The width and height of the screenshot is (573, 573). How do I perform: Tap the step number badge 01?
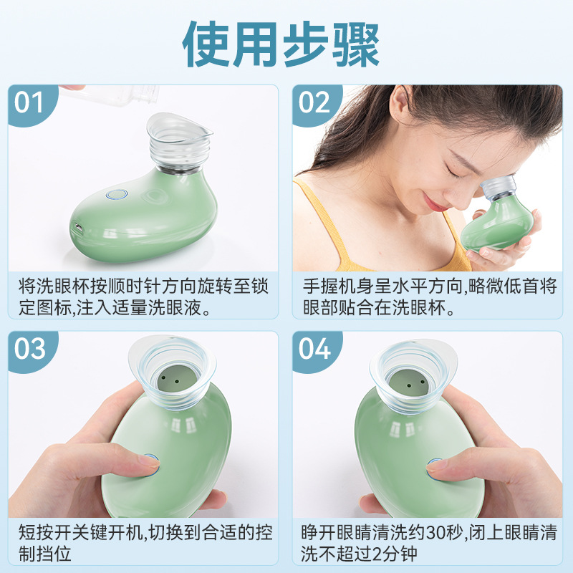[30, 102]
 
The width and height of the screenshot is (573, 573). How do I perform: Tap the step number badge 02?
[314, 102]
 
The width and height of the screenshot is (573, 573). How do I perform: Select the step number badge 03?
[30, 349]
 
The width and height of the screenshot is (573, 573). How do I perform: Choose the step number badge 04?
[314, 349]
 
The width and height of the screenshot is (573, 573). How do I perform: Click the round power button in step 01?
[115, 194]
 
